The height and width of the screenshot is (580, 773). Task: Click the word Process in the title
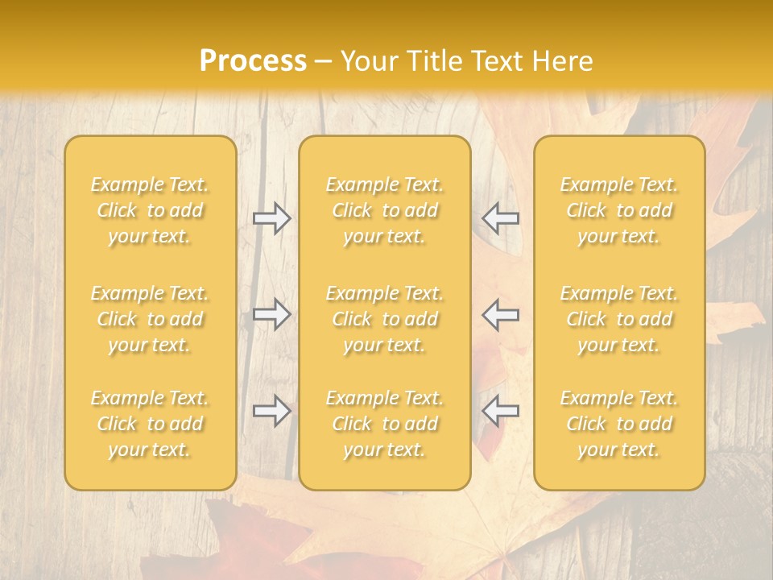tap(253, 61)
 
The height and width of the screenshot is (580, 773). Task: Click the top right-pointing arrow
tap(272, 217)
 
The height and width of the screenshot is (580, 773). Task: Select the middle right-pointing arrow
tap(272, 314)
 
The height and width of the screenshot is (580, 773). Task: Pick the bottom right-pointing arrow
tap(272, 411)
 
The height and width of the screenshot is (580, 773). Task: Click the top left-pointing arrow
tap(500, 217)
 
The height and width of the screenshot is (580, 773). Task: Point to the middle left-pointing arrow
tap(500, 314)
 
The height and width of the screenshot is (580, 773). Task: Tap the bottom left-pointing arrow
tap(500, 411)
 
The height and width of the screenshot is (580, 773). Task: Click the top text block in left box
tap(150, 210)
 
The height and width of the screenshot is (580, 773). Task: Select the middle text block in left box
tap(150, 319)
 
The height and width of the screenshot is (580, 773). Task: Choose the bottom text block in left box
tap(150, 424)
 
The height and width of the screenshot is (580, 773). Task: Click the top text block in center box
tap(385, 210)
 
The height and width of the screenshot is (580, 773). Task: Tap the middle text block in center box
tap(385, 319)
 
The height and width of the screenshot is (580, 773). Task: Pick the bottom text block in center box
tap(385, 424)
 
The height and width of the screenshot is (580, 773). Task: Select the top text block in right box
tap(619, 210)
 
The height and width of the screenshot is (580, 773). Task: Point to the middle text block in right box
tap(619, 319)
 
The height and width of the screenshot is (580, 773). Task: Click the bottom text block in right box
tap(619, 424)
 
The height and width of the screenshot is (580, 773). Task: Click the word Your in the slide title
tap(368, 61)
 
